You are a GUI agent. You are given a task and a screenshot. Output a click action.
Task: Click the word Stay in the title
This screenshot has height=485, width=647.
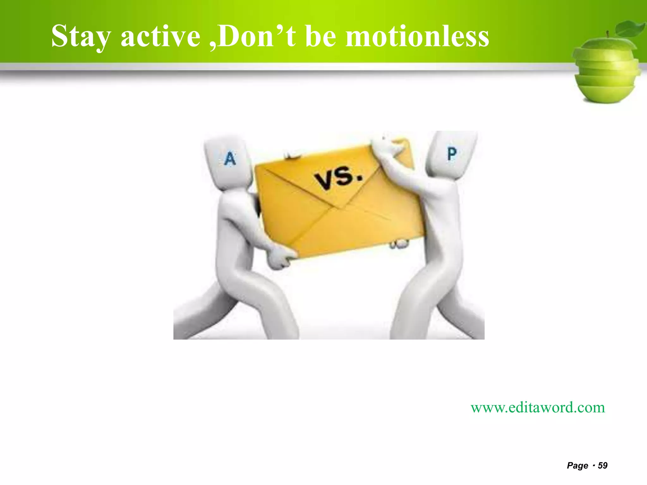click(81, 37)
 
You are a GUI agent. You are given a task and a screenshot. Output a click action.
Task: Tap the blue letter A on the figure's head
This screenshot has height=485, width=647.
click(230, 159)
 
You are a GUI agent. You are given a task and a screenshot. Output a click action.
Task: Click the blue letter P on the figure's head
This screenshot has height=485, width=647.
click(452, 154)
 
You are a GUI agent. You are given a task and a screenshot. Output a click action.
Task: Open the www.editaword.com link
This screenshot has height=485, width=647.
click(538, 407)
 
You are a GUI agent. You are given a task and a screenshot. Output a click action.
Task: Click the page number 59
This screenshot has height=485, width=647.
click(603, 465)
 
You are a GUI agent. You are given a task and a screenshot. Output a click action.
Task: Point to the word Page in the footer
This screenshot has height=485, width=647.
click(577, 465)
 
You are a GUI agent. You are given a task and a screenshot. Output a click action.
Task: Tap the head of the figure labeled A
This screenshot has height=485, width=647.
click(228, 163)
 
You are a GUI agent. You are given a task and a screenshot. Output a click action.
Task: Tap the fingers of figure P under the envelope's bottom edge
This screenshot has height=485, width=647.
click(399, 243)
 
